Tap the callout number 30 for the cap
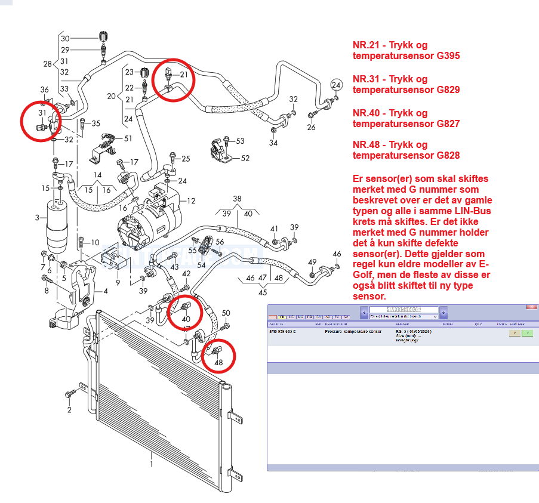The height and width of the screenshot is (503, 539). (x=66, y=38)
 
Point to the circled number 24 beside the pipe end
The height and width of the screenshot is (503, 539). (x=336, y=84)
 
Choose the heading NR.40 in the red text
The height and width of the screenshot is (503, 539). (x=365, y=113)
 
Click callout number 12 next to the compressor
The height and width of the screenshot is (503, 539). (x=191, y=200)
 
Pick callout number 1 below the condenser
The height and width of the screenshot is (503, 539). (x=152, y=464)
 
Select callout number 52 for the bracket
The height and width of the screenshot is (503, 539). (x=245, y=158)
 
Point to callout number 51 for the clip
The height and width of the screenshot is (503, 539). (x=128, y=138)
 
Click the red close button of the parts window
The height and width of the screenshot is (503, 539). (x=531, y=306)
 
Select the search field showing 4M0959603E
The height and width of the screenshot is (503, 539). (x=404, y=310)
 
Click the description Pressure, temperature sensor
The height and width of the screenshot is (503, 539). (x=353, y=331)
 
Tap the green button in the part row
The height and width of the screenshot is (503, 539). (x=527, y=333)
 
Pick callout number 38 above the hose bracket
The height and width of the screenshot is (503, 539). (x=237, y=199)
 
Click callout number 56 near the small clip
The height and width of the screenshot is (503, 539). (x=219, y=242)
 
